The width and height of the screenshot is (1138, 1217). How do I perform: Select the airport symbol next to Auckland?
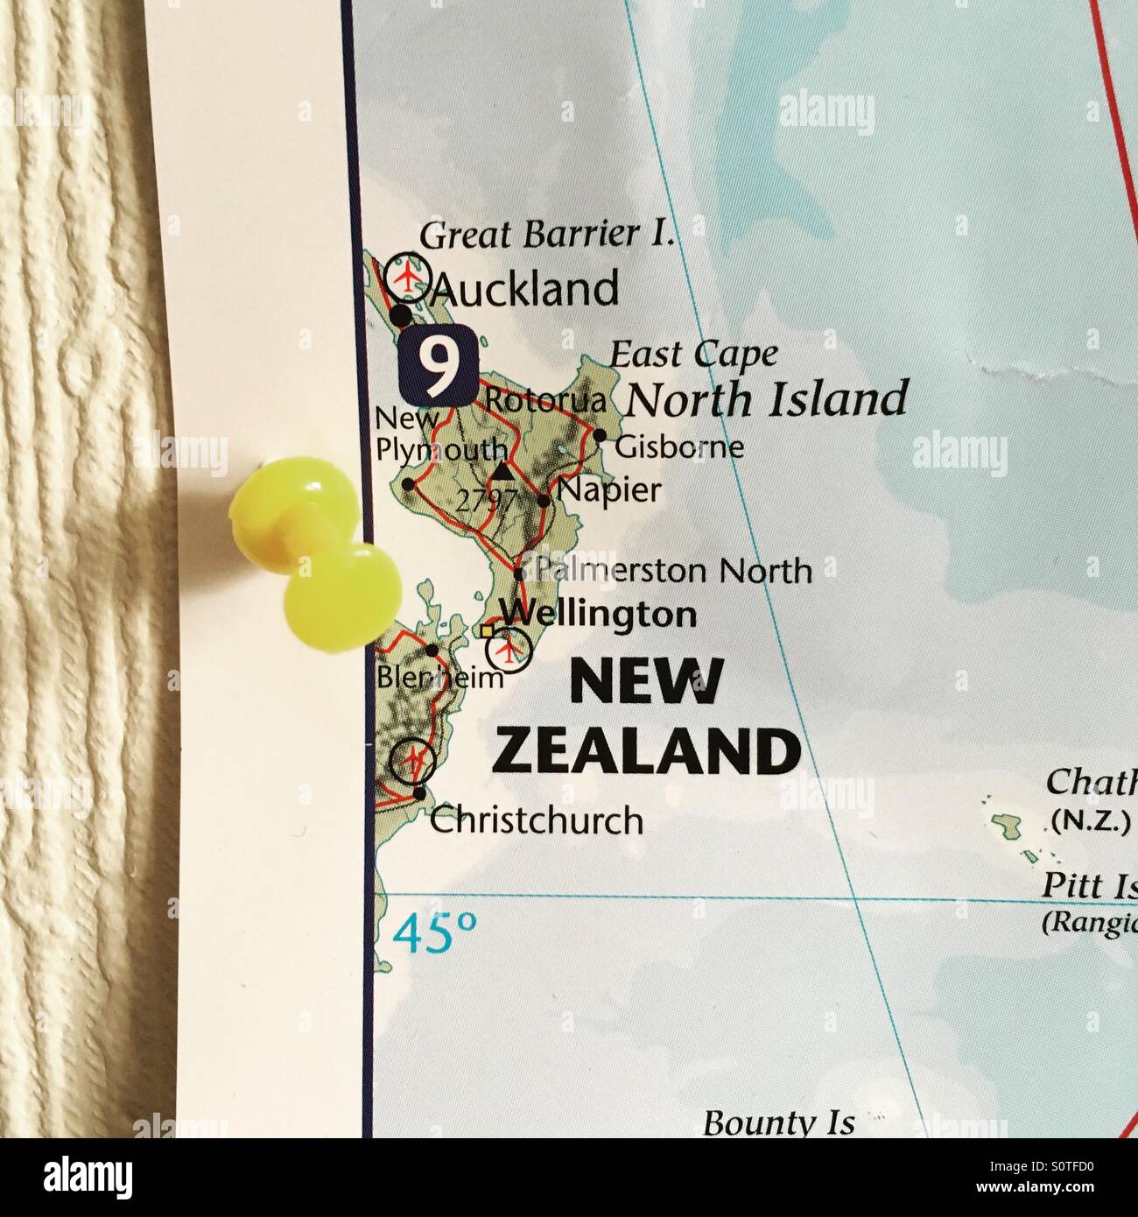click(408, 275)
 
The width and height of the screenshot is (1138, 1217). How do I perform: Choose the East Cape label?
click(692, 355)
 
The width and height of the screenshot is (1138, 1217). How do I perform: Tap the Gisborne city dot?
click(600, 435)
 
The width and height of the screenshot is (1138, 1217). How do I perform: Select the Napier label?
click(610, 490)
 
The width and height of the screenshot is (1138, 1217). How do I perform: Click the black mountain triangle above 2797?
click(502, 472)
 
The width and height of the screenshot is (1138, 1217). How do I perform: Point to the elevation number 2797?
click(485, 502)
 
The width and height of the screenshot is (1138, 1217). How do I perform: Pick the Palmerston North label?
click(672, 571)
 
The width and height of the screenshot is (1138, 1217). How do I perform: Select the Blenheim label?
click(439, 677)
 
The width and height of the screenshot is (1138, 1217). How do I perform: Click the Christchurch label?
click(537, 821)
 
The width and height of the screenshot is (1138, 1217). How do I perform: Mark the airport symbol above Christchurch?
click(412, 761)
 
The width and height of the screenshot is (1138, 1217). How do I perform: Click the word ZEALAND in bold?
click(647, 751)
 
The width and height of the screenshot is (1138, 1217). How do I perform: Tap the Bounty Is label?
click(778, 1122)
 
